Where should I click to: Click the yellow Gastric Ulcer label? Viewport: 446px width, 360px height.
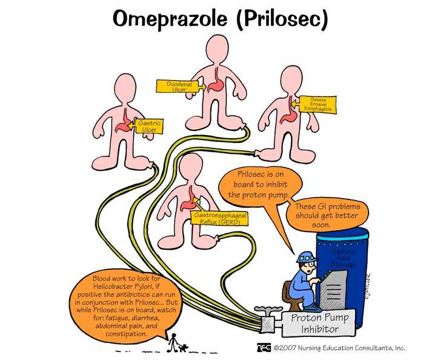pos(148,127)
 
